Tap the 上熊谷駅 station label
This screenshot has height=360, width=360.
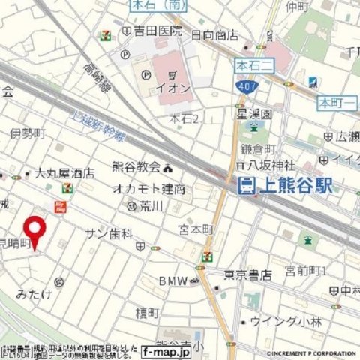(295, 186)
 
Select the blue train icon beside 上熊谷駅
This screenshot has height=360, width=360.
(244, 186)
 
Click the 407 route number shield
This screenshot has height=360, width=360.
(250, 88)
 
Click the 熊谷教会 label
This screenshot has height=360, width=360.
(136, 167)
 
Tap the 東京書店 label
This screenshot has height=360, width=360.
(248, 276)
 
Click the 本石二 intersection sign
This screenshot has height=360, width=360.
(252, 64)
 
